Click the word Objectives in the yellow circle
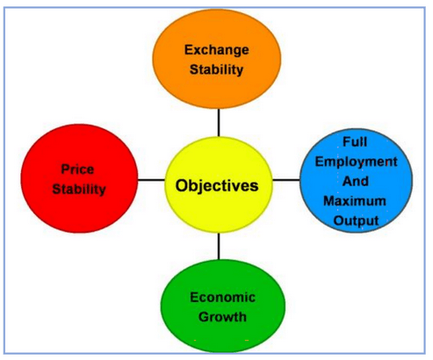(x=217, y=186)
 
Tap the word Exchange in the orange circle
(x=217, y=50)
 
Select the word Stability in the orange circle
(x=216, y=69)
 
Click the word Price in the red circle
(x=77, y=169)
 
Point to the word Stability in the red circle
(x=79, y=190)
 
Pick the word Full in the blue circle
(x=355, y=142)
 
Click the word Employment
(x=357, y=162)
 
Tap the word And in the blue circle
(x=356, y=181)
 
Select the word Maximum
(x=355, y=201)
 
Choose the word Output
(x=356, y=221)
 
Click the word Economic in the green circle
(x=222, y=298)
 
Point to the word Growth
(x=222, y=317)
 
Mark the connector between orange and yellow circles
(x=219, y=123)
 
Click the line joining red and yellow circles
(x=151, y=180)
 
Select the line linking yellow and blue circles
(x=286, y=180)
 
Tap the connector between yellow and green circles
(x=219, y=246)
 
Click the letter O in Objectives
(x=182, y=185)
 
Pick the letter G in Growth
(x=204, y=317)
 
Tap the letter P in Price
(x=65, y=169)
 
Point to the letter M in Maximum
(x=329, y=201)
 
